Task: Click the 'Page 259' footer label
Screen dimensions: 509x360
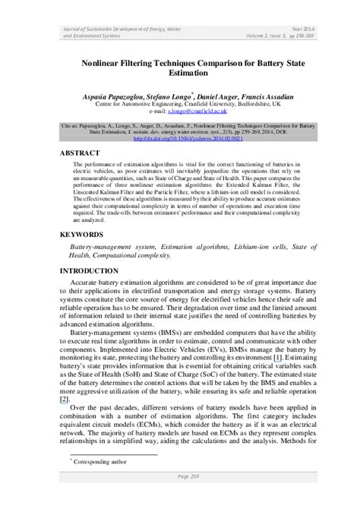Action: (179, 496)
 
